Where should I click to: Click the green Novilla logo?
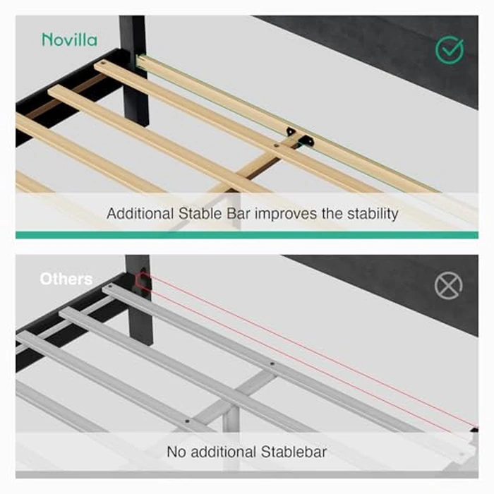(x=70, y=40)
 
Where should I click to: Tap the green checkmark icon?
(x=450, y=50)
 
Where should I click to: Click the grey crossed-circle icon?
(x=449, y=286)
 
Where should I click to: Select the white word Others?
(x=66, y=279)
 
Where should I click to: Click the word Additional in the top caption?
(x=140, y=214)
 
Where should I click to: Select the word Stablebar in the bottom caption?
(x=294, y=452)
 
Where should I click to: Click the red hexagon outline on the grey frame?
(x=142, y=281)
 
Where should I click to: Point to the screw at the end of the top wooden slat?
(x=103, y=64)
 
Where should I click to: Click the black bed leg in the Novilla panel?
(x=135, y=71)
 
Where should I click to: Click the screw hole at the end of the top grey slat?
(x=110, y=287)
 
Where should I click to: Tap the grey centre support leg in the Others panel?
(x=230, y=418)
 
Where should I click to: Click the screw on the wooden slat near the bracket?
(x=277, y=145)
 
